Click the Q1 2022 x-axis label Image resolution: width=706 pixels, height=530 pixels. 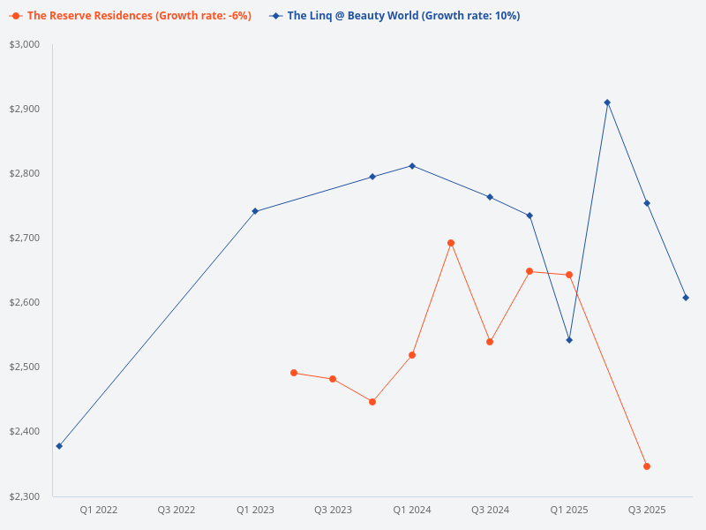click(x=99, y=510)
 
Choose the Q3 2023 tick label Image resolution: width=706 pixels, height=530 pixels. click(x=334, y=510)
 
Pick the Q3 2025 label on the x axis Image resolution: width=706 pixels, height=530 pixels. click(x=647, y=510)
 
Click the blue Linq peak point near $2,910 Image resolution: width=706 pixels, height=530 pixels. click(x=607, y=102)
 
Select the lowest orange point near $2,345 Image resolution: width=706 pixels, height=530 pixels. click(x=647, y=466)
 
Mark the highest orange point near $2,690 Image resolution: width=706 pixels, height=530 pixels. click(x=451, y=243)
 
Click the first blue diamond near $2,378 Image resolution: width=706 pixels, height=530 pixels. click(x=59, y=446)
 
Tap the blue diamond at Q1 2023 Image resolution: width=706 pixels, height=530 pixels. click(x=255, y=211)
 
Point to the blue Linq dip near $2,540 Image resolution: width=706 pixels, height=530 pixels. click(x=569, y=340)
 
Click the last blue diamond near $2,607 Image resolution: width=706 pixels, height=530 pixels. click(x=686, y=298)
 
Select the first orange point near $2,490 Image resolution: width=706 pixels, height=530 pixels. click(x=294, y=373)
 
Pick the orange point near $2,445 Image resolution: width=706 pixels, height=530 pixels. click(x=372, y=402)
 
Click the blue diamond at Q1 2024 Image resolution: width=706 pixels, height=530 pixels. click(x=412, y=166)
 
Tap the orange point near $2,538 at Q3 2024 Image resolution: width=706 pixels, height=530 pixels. click(x=490, y=342)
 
